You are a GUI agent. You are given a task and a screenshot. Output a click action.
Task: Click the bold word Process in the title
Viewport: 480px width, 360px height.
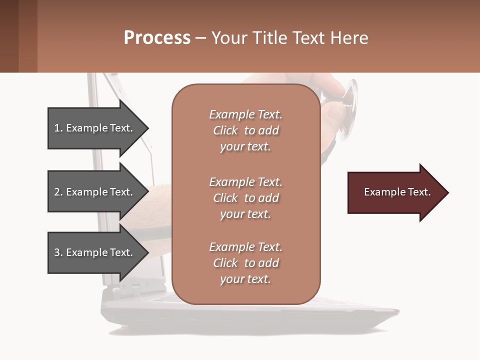pyautogui.click(x=157, y=38)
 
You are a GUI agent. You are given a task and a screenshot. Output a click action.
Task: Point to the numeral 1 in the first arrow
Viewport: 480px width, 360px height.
pyautogui.click(x=56, y=128)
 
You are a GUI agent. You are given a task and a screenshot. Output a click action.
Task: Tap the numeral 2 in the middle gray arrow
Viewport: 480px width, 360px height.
pyautogui.click(x=57, y=192)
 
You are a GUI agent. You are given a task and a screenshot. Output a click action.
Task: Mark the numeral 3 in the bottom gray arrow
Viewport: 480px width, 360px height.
pyautogui.click(x=57, y=252)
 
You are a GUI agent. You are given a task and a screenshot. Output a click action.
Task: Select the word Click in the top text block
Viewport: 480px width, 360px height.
pyautogui.click(x=225, y=130)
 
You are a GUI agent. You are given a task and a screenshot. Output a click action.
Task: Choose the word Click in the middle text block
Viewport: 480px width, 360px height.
pyautogui.click(x=225, y=198)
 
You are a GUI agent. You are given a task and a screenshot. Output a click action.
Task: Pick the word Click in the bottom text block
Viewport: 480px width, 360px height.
pyautogui.click(x=225, y=263)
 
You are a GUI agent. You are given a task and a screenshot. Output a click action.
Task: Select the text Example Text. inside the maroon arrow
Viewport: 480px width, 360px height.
pyautogui.click(x=397, y=192)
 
